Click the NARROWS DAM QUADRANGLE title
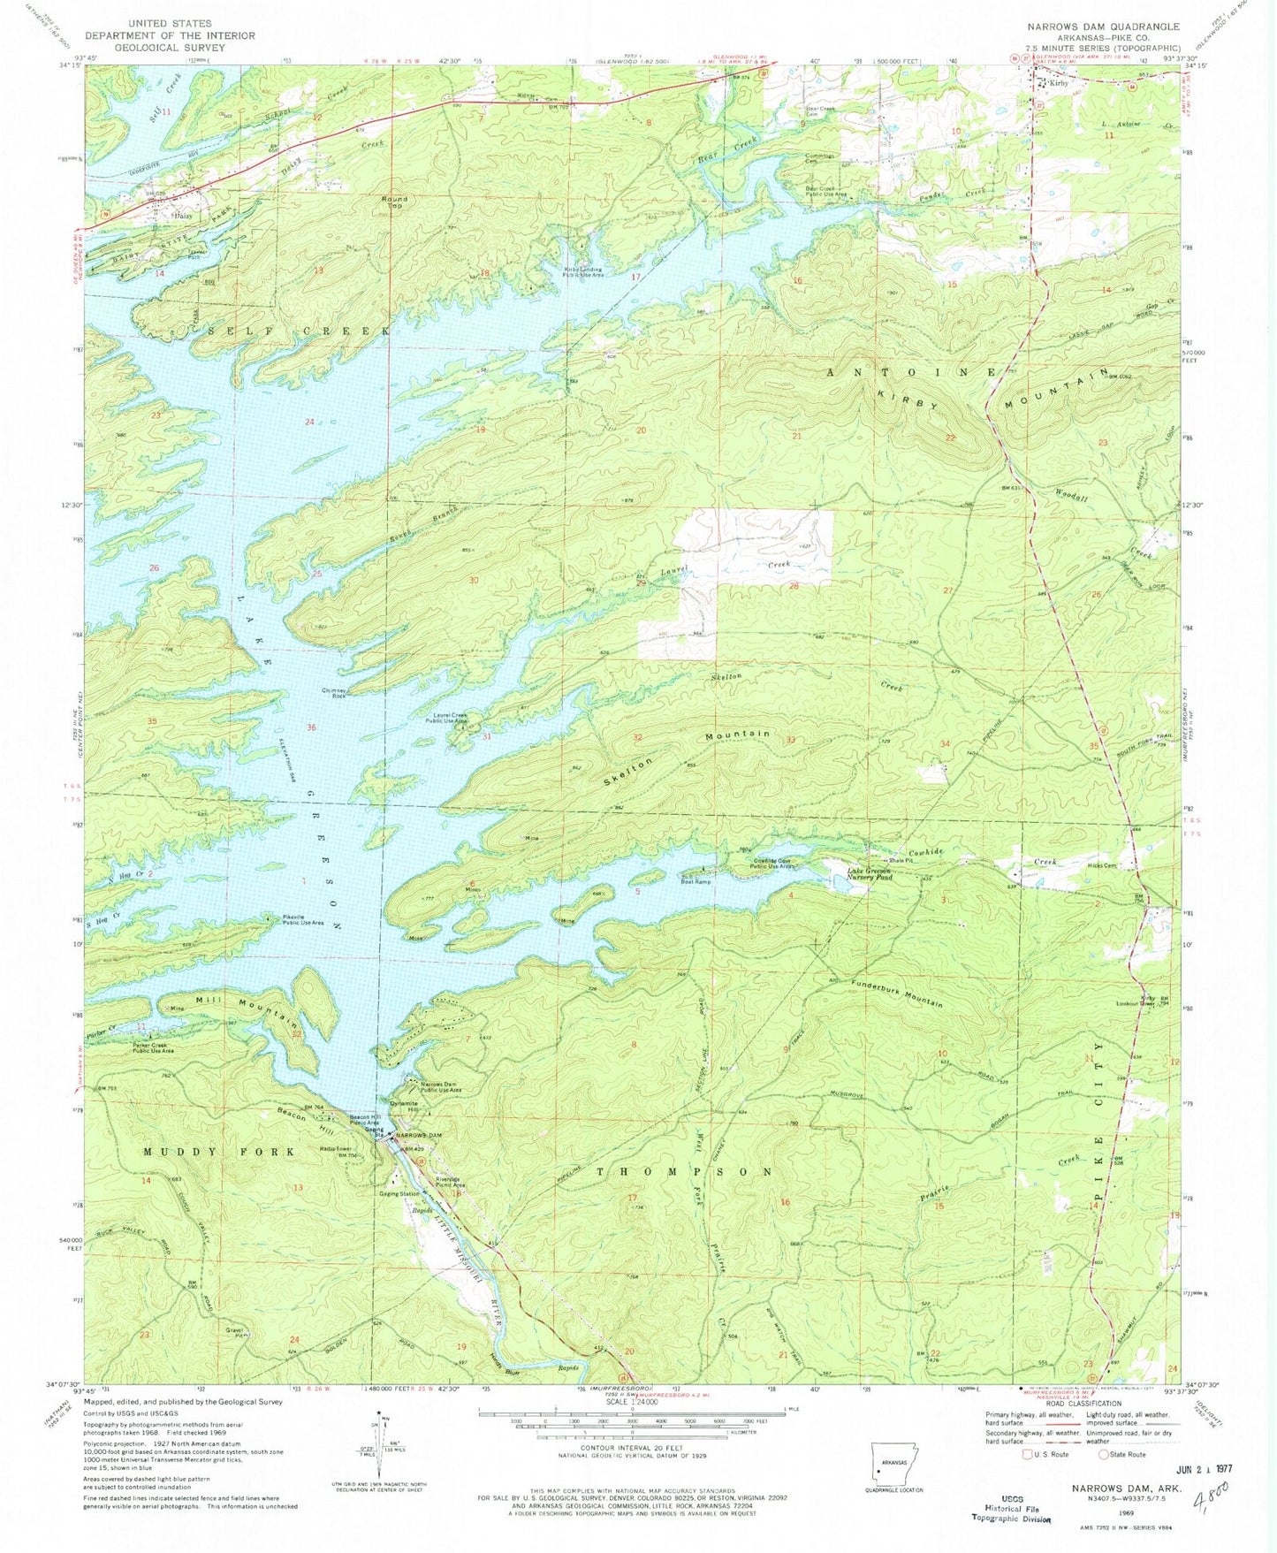pyautogui.click(x=1097, y=26)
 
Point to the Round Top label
pyautogui.click(x=392, y=202)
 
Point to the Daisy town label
pyautogui.click(x=183, y=215)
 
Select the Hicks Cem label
pyautogui.click(x=1103, y=865)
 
